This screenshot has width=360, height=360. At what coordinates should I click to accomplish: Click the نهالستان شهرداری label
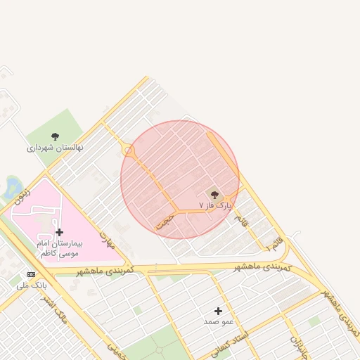55,148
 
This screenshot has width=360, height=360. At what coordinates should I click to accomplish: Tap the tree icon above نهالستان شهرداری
56,136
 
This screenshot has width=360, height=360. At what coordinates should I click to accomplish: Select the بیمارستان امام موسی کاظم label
60,247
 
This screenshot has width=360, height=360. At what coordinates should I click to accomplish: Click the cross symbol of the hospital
59,232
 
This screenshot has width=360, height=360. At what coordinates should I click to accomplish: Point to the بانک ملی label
30,285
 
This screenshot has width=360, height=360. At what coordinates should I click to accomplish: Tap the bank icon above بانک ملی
31,274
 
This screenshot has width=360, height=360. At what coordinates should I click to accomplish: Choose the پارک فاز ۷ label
215,205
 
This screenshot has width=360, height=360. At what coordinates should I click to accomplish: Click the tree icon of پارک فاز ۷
214,194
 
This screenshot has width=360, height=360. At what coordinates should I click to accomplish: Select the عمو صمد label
218,321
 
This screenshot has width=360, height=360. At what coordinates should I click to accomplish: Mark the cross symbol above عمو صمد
218,311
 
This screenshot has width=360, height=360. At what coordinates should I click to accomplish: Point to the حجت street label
166,221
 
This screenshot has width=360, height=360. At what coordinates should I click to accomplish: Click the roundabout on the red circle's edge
128,151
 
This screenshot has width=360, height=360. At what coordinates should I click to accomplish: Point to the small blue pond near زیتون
13,186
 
